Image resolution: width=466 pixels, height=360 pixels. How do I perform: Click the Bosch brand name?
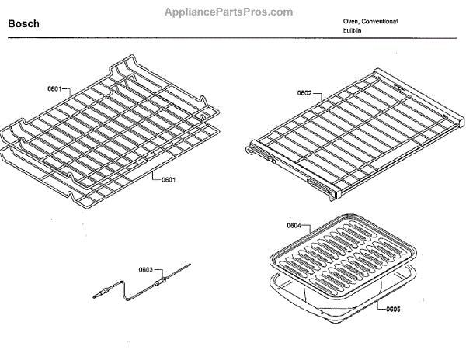click(23, 25)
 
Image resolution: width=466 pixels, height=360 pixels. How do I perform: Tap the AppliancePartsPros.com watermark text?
click(229, 12)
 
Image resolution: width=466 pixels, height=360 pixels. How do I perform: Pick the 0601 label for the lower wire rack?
click(169, 181)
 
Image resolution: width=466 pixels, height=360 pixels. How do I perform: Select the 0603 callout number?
click(145, 270)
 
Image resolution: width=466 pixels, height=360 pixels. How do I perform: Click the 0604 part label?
click(294, 226)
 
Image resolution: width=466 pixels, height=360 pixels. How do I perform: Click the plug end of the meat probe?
click(99, 293)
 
